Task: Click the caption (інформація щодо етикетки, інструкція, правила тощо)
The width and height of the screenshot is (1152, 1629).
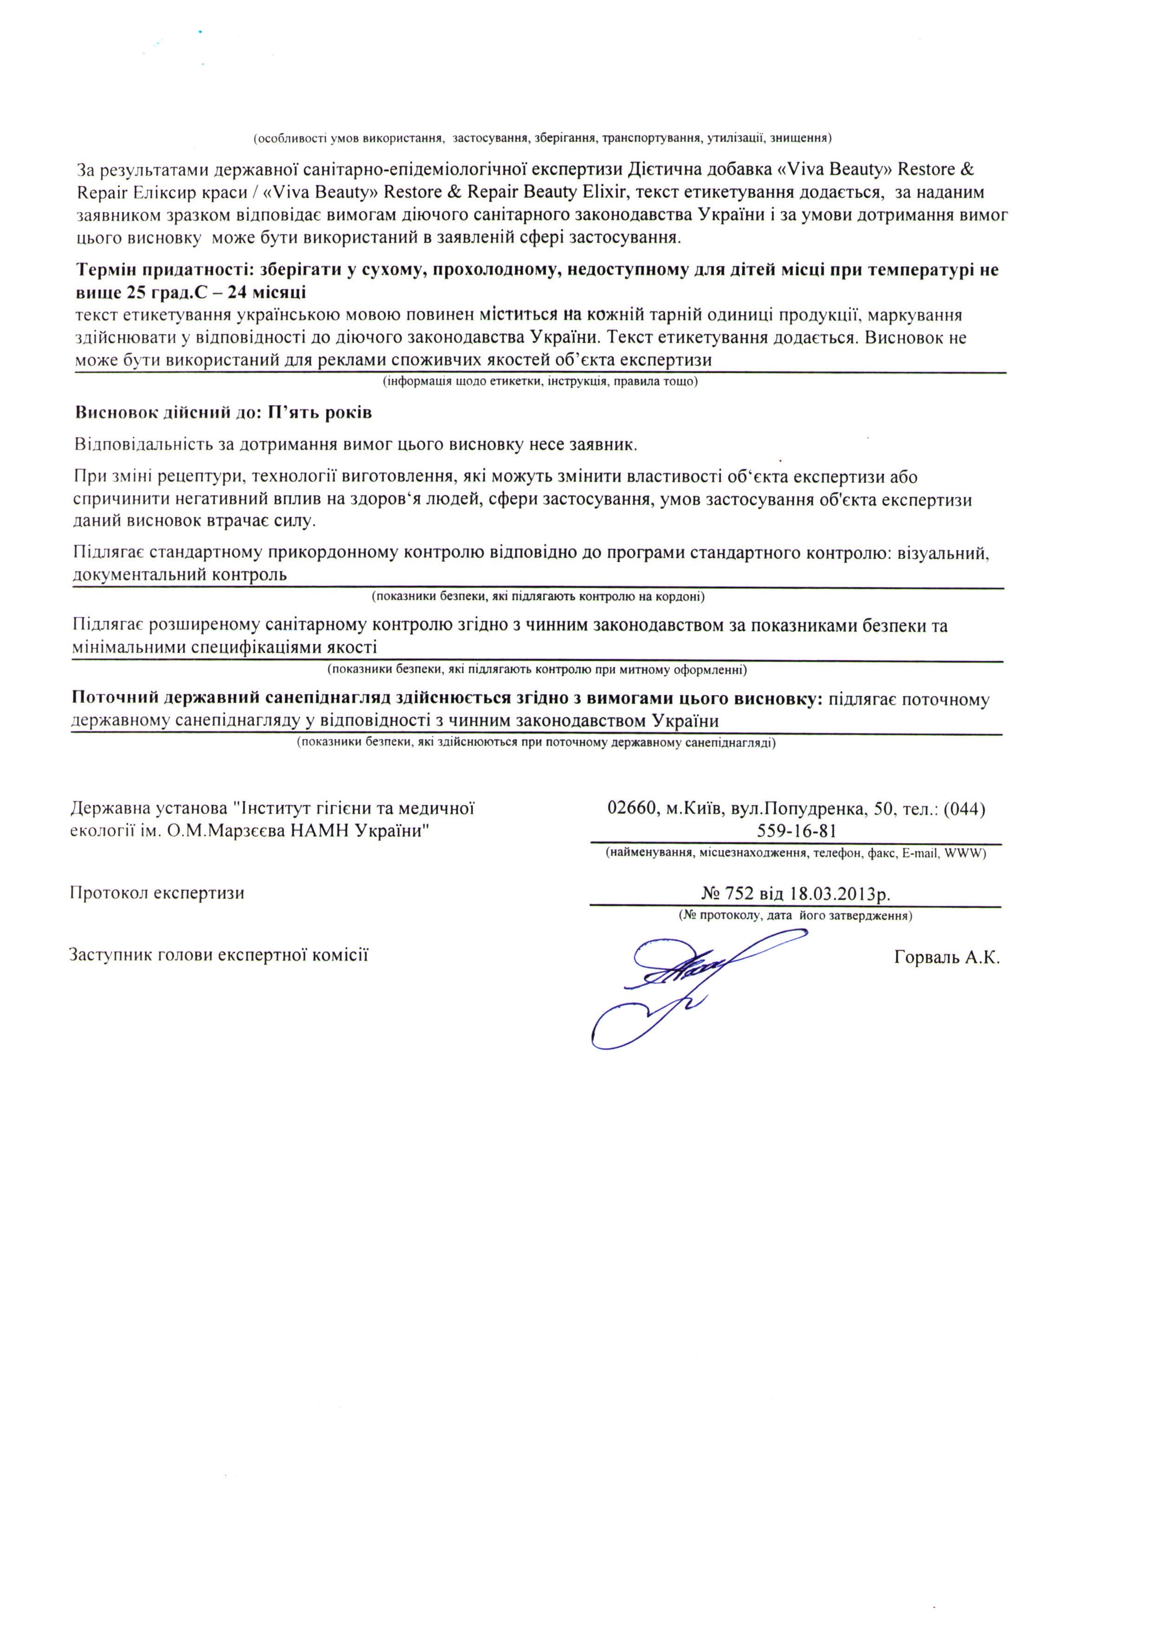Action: click(541, 382)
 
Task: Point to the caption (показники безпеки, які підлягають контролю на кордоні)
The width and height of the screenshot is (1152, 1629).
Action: click(538, 597)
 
